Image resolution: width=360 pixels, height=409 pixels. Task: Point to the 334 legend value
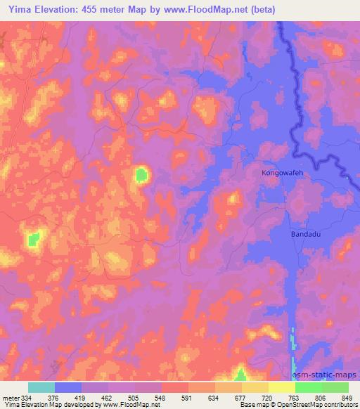tap(26, 397)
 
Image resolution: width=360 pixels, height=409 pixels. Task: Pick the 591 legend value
tap(186, 397)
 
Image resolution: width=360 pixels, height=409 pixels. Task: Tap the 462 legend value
tap(106, 397)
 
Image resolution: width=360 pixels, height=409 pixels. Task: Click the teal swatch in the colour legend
tap(41, 387)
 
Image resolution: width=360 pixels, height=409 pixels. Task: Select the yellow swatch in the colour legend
tap(282, 387)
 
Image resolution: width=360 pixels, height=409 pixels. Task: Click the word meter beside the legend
tap(10, 397)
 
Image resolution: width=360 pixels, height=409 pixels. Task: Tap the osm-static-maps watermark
tap(326, 377)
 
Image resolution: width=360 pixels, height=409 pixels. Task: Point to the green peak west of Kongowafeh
tap(143, 174)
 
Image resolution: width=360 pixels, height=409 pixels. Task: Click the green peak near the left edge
tap(33, 239)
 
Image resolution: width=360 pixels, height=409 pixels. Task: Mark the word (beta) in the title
tap(259, 10)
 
